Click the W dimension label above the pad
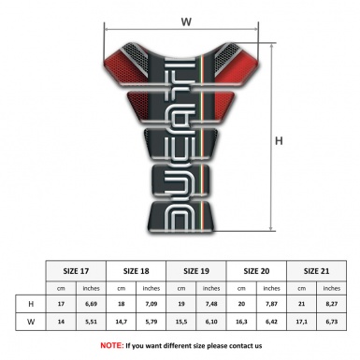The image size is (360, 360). click(186, 18)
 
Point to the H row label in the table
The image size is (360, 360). click(31, 304)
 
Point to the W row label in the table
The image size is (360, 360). click(31, 322)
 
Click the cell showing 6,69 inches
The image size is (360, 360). click(92, 304)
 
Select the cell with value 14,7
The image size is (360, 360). click(122, 322)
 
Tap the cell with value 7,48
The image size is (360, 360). click(212, 304)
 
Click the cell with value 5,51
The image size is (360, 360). click(92, 322)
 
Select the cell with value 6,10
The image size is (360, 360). click(212, 322)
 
